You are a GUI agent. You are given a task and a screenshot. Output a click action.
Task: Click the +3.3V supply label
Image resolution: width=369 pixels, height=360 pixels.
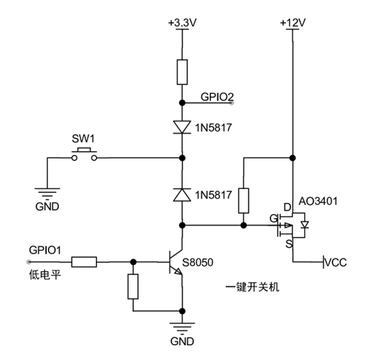pos(183,23)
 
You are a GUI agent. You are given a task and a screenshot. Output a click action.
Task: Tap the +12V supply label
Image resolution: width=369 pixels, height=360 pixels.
pos(293,23)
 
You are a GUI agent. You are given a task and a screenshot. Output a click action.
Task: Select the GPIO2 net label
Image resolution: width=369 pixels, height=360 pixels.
pos(217,97)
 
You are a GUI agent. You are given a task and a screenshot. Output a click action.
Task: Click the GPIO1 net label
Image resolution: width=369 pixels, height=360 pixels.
pos(45,250)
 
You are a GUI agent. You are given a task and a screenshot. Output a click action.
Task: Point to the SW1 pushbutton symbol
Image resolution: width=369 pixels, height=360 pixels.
pos(84,154)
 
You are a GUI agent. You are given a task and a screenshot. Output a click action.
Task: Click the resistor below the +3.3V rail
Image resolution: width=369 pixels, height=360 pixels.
pos(182,72)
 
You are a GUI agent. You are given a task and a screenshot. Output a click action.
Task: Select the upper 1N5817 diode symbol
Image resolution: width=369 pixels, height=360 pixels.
pos(182,127)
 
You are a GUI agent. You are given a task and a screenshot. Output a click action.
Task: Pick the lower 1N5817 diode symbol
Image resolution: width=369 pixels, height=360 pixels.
pos(182,195)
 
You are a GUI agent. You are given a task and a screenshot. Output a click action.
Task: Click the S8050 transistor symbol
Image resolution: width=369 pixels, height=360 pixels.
pos(176,262)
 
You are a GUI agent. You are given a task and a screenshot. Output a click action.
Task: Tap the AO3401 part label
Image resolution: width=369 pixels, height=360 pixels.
pos(318,201)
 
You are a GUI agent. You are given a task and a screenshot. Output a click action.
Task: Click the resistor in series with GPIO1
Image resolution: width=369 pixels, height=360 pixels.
pos(84,262)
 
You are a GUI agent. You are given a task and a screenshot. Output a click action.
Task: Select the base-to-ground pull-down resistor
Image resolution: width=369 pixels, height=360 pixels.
pos(133,286)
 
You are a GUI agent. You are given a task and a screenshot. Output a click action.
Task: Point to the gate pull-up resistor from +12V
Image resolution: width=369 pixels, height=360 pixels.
pos(244,200)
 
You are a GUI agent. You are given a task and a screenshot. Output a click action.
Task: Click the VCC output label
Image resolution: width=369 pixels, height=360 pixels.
pos(335,262)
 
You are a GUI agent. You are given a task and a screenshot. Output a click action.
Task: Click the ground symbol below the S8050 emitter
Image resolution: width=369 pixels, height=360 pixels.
pos(182,328)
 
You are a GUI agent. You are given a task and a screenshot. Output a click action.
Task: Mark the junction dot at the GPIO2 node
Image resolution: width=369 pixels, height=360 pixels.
pos(182,102)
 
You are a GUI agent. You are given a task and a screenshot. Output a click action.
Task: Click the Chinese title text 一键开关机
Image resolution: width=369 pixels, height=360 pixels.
pos(252,287)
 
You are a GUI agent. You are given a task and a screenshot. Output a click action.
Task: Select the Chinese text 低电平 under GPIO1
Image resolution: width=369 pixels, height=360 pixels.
pos(45,275)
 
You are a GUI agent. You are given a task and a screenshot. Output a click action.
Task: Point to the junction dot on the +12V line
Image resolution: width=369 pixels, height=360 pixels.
pos(292,158)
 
